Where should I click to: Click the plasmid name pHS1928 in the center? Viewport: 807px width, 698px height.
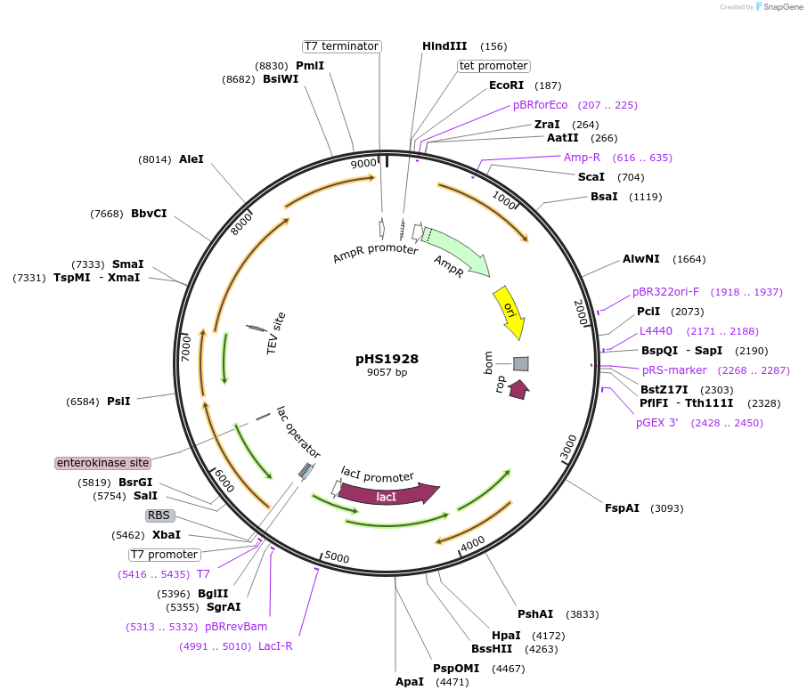point(387,359)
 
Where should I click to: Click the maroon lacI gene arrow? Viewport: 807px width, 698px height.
point(388,495)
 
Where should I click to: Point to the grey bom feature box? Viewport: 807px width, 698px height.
point(520,363)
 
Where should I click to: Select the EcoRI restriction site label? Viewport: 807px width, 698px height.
point(506,85)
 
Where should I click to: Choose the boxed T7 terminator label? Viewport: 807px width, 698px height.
point(341,46)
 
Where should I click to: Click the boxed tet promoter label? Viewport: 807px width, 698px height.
point(493,66)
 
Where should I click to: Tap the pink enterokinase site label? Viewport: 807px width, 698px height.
point(103,463)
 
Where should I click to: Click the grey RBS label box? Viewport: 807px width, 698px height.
point(159,515)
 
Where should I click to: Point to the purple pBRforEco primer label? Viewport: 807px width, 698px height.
point(540,105)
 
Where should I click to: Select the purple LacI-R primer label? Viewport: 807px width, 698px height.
point(275,645)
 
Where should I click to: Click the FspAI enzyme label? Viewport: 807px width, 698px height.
point(622,508)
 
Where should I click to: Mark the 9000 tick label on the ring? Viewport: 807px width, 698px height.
point(363,164)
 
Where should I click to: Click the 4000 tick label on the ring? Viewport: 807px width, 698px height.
point(473,541)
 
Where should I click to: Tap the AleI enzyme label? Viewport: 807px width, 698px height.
point(192,159)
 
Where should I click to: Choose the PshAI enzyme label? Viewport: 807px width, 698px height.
point(535,614)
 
